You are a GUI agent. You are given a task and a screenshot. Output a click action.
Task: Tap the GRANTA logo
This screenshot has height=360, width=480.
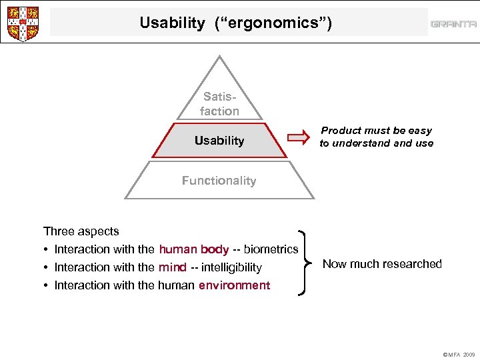453,24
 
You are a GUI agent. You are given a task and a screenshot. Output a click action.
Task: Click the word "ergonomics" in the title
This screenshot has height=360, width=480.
273,23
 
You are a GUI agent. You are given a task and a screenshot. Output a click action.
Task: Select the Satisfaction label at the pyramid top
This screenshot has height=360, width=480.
219,104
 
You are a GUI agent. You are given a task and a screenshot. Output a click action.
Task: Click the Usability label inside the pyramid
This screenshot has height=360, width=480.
219,141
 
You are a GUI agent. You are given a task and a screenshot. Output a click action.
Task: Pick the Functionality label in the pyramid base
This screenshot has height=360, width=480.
219,181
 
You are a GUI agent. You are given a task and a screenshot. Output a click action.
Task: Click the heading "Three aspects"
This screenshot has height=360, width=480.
81,231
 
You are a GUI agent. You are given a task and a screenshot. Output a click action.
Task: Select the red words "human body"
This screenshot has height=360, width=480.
194,249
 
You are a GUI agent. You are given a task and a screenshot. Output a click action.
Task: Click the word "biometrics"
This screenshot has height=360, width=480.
271,249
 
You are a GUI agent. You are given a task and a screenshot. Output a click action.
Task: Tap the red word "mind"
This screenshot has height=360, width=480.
173,267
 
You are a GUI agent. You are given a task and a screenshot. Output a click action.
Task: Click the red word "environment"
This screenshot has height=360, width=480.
235,285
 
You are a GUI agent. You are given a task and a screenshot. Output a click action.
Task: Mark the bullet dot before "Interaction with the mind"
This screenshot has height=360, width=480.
46,268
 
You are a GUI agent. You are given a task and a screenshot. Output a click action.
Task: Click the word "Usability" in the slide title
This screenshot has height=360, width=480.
173,23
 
